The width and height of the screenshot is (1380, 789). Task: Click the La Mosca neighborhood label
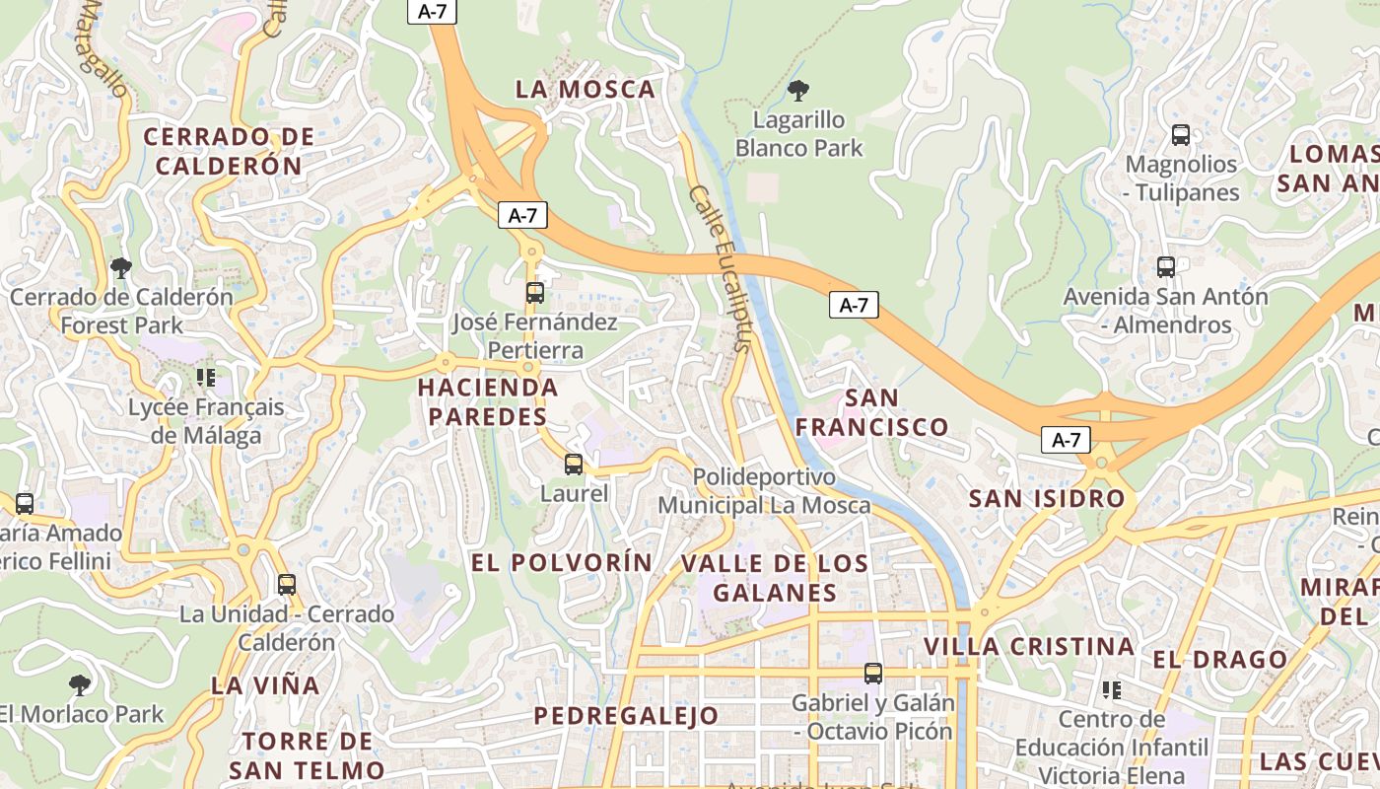pyautogui.click(x=586, y=89)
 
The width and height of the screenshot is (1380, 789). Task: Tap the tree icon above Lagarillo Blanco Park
pyautogui.click(x=798, y=91)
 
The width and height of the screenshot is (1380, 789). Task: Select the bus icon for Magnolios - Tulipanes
pyautogui.click(x=1180, y=135)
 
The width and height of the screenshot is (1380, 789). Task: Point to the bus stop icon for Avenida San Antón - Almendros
pyautogui.click(x=1166, y=266)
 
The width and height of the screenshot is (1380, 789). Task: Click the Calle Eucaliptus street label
pyautogui.click(x=721, y=268)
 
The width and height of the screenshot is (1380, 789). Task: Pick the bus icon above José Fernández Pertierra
pyautogui.click(x=534, y=293)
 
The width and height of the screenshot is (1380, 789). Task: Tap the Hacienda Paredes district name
pyautogui.click(x=487, y=401)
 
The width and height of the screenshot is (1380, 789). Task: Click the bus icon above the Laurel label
pyautogui.click(x=574, y=464)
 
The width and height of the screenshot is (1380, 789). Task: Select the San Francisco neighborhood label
pyautogui.click(x=871, y=412)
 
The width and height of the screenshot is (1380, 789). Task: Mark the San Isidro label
pyautogui.click(x=1047, y=498)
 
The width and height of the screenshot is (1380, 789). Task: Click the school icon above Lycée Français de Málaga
pyautogui.click(x=205, y=377)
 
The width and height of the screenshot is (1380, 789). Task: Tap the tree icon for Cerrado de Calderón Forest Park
pyautogui.click(x=121, y=267)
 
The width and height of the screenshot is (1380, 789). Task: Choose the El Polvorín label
pyautogui.click(x=562, y=562)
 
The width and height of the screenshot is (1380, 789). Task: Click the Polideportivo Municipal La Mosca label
pyautogui.click(x=764, y=491)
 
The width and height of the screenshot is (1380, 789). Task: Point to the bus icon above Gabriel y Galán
pyautogui.click(x=872, y=674)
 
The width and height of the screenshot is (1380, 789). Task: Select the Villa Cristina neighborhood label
pyautogui.click(x=1029, y=647)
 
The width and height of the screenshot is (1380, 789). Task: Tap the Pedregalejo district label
pyautogui.click(x=627, y=716)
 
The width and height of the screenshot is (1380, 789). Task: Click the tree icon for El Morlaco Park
pyautogui.click(x=80, y=684)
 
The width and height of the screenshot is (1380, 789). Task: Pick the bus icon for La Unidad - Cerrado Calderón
pyautogui.click(x=286, y=584)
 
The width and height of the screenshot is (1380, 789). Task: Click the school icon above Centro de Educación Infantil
pyautogui.click(x=1112, y=689)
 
